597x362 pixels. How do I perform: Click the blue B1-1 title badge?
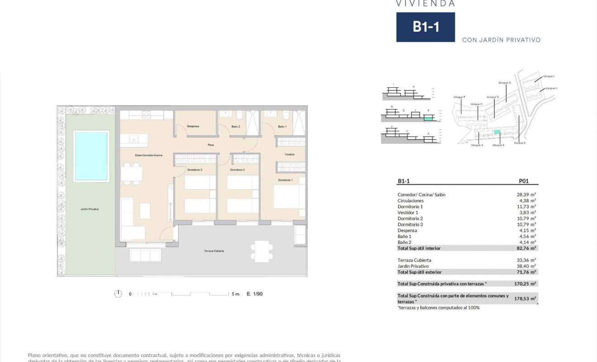pos(426,27)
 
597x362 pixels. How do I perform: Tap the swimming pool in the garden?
pos(91,156)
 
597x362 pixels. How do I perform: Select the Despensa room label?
pos(193,126)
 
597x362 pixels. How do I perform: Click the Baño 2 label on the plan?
pos(236,126)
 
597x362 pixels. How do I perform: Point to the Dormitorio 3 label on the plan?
pos(194,170)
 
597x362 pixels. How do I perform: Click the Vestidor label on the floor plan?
pos(289,154)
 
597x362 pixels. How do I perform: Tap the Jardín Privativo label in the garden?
pos(90,209)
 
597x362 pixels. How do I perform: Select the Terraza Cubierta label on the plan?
pos(214,251)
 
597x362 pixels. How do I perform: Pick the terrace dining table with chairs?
pos(262,251)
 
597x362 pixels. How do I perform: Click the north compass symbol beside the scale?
pos(118,294)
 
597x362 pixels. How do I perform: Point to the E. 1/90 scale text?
pos(255,294)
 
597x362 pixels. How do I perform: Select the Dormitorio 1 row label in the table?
pos(410,206)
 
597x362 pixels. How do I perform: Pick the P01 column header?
pos(523,181)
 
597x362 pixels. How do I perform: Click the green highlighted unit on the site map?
pos(497,132)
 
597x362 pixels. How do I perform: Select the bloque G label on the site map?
pos(505,83)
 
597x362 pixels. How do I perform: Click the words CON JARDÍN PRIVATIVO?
pos(501,40)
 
